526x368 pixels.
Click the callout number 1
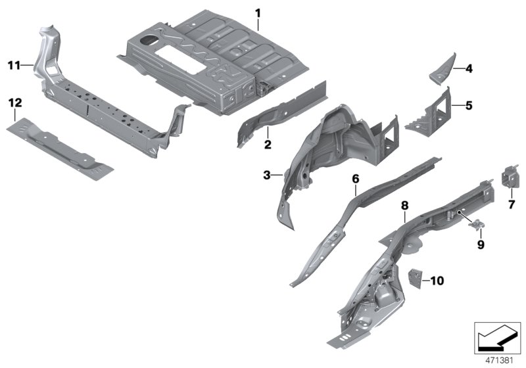[258, 14]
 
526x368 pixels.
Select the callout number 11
[14, 65]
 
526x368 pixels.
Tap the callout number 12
[15, 103]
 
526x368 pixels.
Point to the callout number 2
[268, 145]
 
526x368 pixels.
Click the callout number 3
[267, 175]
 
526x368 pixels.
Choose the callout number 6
[356, 179]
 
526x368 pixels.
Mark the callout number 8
[405, 205]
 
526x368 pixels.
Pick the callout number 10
[437, 281]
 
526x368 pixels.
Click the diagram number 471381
[500, 361]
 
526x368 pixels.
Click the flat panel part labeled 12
[60, 149]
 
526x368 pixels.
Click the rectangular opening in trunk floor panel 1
[181, 60]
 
